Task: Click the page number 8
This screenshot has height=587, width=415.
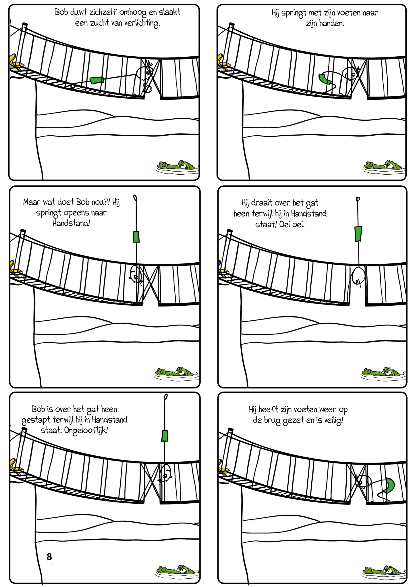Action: pyautogui.click(x=49, y=557)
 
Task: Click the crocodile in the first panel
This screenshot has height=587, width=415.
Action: pyautogui.click(x=178, y=166)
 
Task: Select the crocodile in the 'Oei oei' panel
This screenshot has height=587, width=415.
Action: pyautogui.click(x=383, y=372)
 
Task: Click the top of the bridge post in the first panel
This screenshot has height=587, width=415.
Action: pyautogui.click(x=24, y=25)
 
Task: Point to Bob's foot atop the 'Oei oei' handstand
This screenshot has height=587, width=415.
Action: pyautogui.click(x=358, y=199)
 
